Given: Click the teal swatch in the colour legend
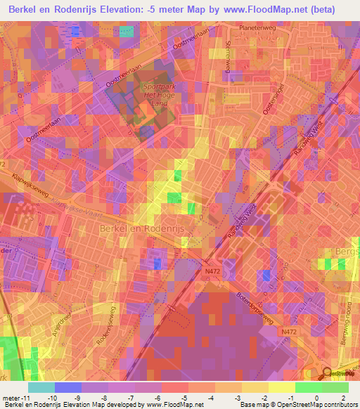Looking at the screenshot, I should (41, 387).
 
